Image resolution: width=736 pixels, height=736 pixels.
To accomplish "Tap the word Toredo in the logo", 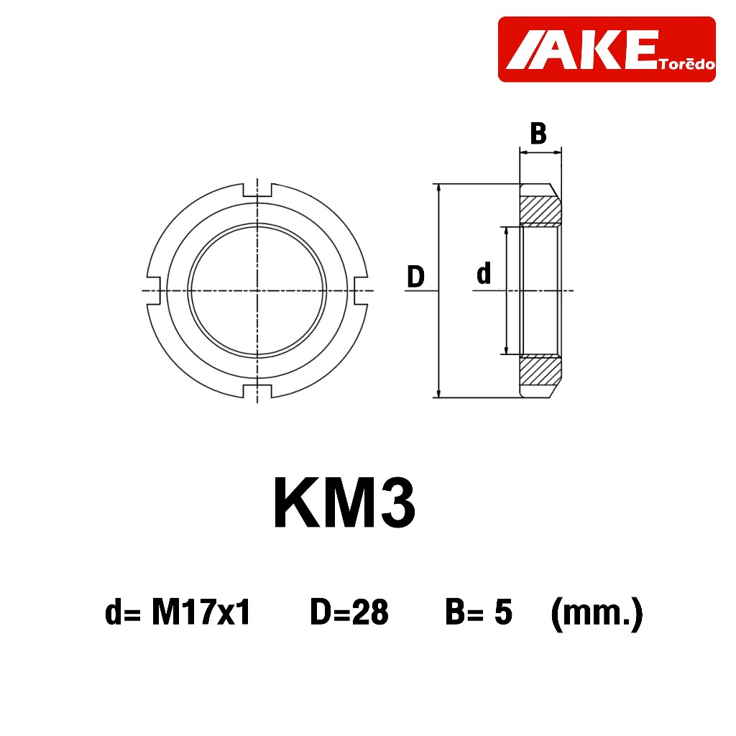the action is pos(686,63).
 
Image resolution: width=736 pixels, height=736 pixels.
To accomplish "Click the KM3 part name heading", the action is pos(344,502).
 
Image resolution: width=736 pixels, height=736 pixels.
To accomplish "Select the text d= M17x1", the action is pos(178,612).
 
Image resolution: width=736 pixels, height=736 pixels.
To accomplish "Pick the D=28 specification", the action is pos(349,612).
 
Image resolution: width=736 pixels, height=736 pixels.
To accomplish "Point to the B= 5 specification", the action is pos(479,612).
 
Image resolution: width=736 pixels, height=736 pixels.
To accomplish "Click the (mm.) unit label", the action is pos(597,614).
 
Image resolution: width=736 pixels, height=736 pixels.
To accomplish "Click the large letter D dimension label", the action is pos(415,276).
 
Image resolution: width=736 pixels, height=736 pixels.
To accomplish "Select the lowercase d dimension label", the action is pos(484,273).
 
